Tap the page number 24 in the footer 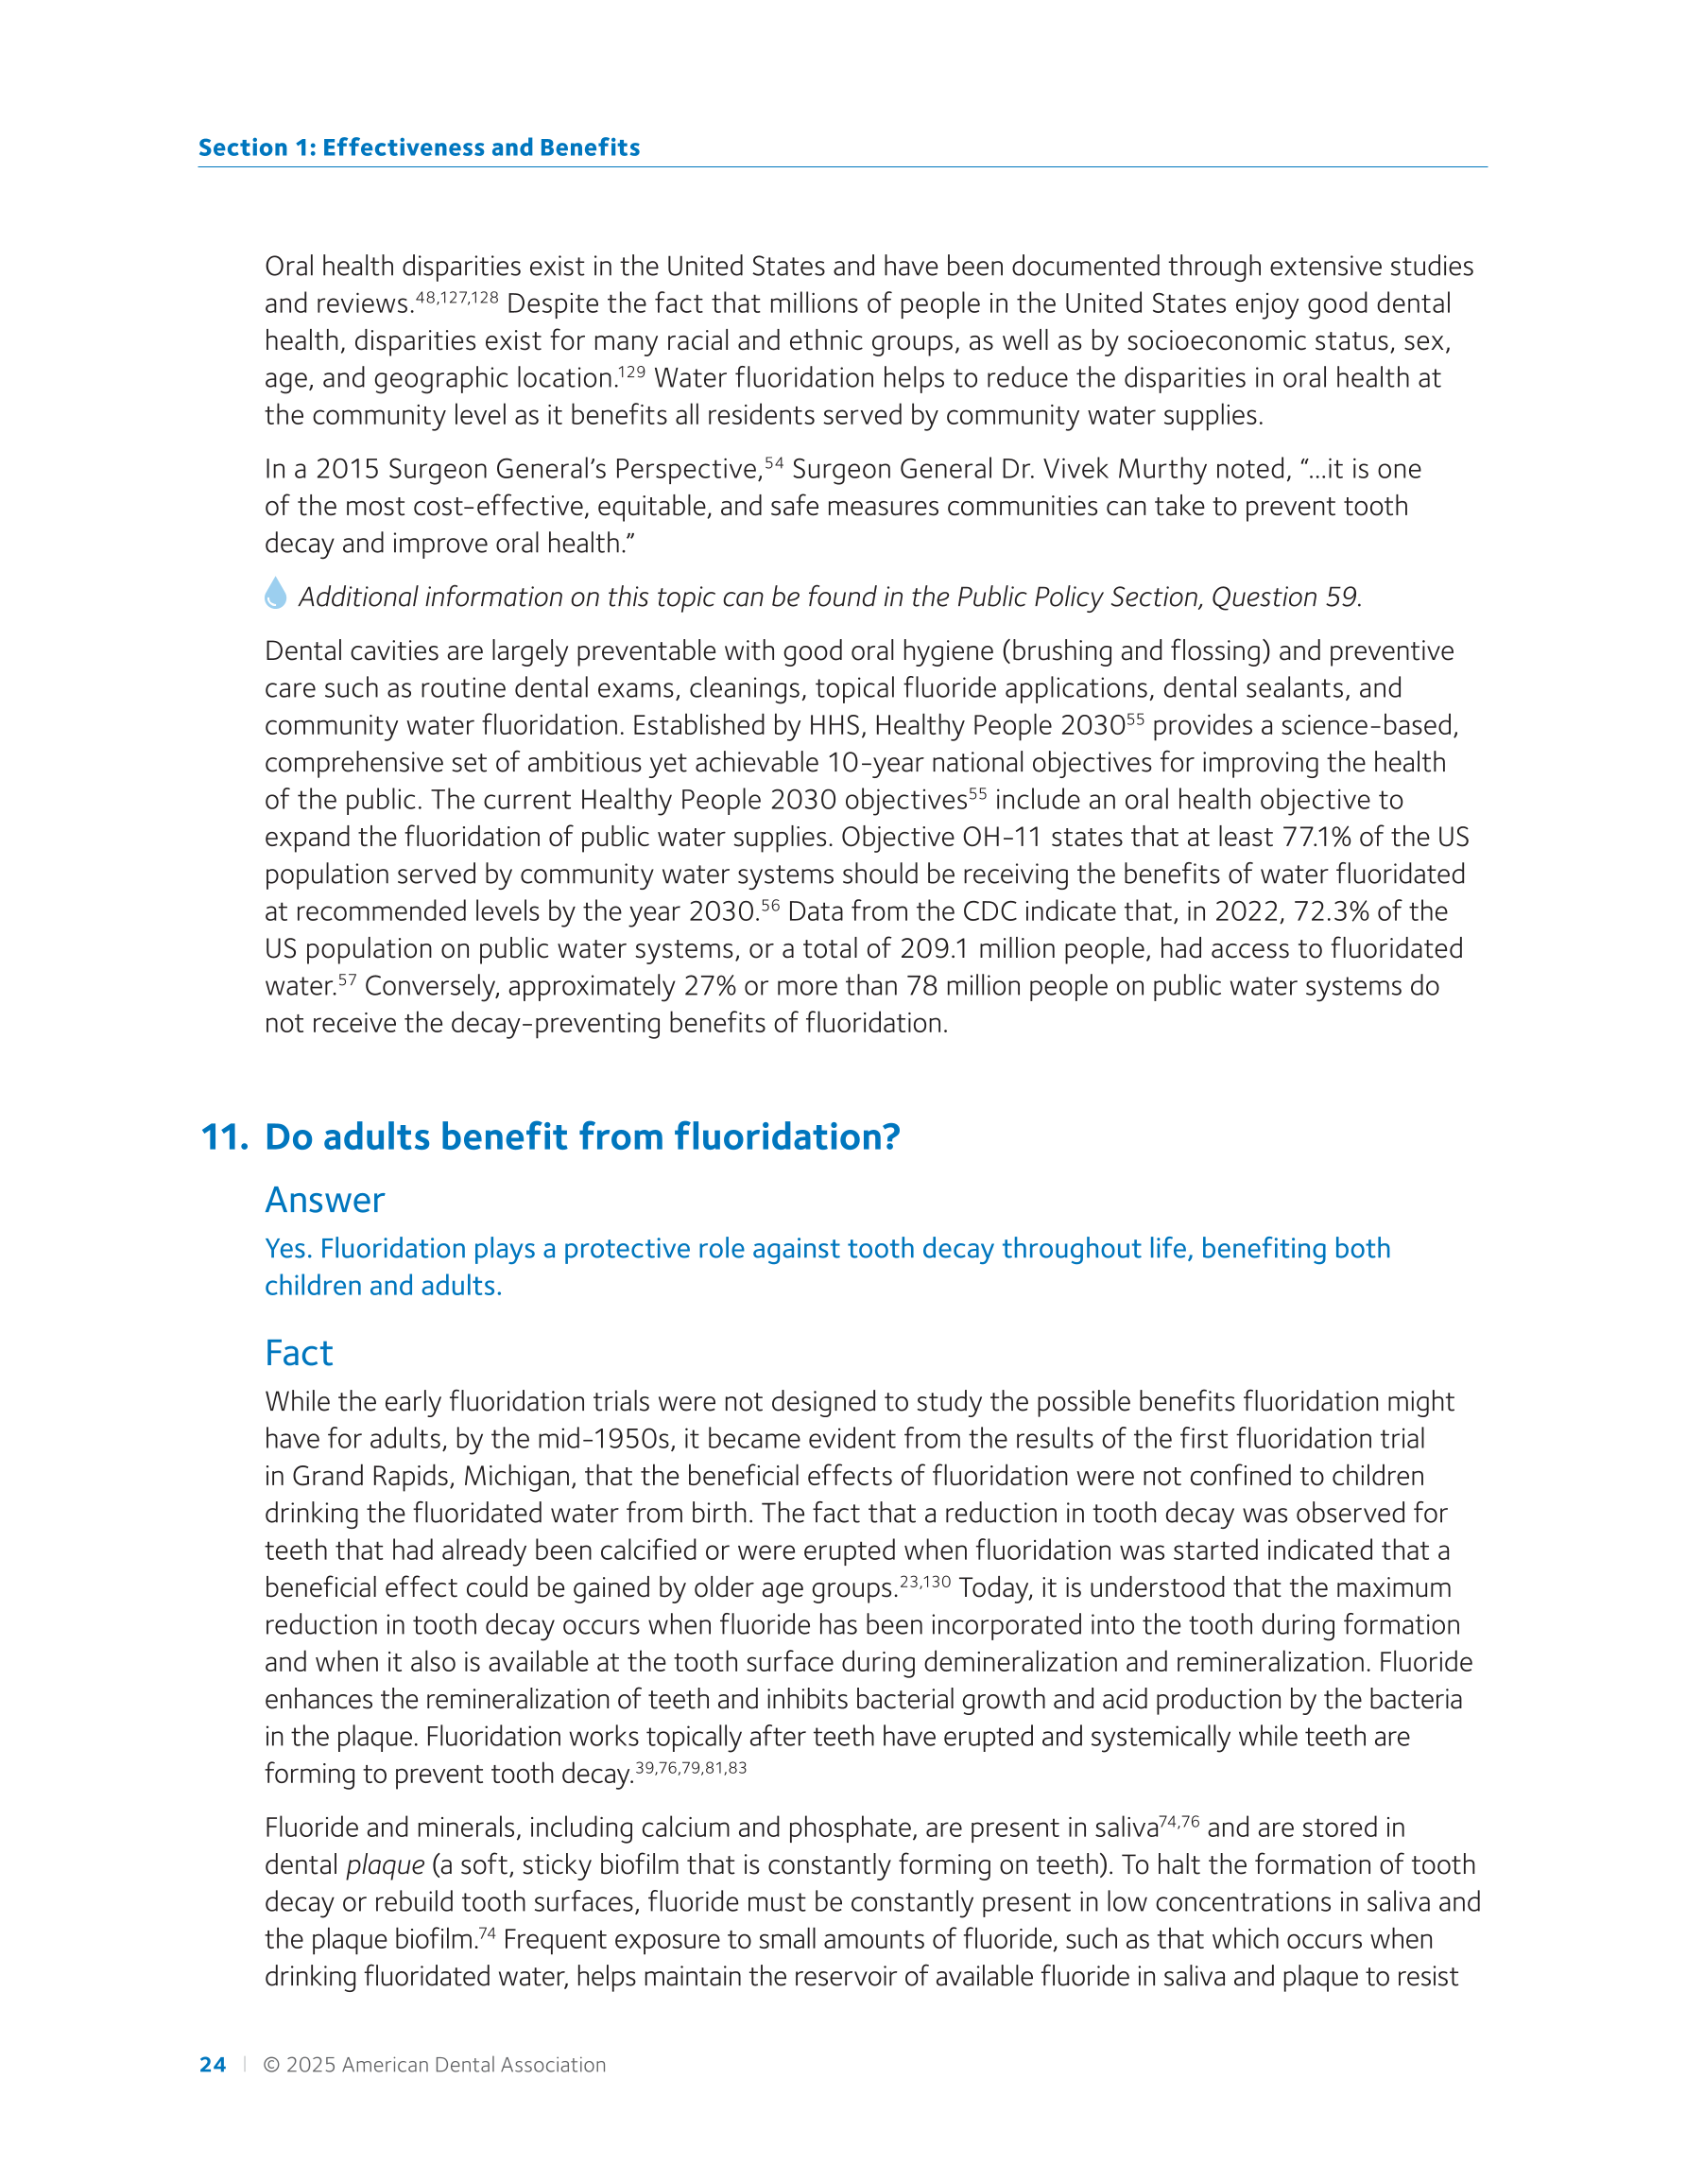tap(213, 2065)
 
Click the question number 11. tap(225, 1137)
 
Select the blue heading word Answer tap(325, 1200)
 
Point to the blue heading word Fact tap(299, 1352)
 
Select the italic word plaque tap(385, 1865)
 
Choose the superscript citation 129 tap(631, 372)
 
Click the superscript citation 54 tap(775, 462)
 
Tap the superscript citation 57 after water tap(347, 979)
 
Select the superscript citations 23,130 tap(924, 1582)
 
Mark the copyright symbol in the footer tap(271, 2065)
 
